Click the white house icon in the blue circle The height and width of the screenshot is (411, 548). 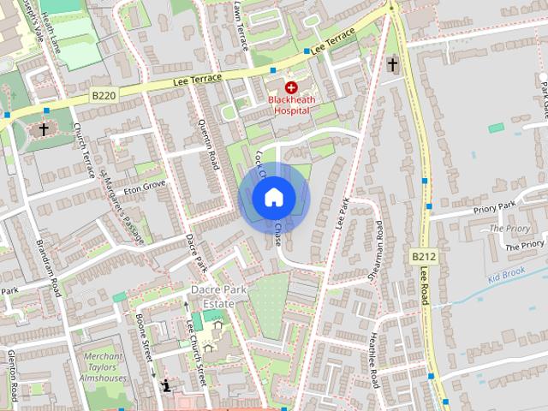point(273,197)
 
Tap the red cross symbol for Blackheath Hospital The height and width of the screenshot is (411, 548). point(291,87)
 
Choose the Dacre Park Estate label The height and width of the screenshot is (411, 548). point(219,296)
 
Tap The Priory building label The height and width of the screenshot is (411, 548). point(509,229)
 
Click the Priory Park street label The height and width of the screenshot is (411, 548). point(496,206)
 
